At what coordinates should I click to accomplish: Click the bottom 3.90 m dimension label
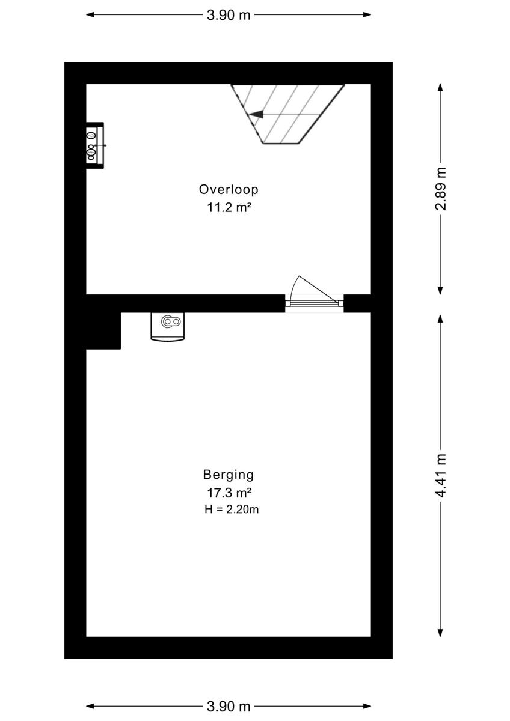coord(229,707)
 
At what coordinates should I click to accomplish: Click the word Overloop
coord(229,189)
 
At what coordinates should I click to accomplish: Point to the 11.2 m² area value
coord(229,208)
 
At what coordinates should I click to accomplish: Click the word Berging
coord(229,475)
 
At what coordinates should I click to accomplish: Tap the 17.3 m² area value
coord(229,493)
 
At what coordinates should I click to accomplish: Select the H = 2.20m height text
coord(232,510)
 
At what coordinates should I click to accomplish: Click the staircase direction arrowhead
coord(256,114)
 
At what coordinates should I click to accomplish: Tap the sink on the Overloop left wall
coord(93,145)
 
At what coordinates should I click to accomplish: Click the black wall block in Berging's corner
coord(103,330)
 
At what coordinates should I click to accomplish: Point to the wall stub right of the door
coord(357,303)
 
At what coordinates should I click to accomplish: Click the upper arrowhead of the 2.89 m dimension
coord(441,87)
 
